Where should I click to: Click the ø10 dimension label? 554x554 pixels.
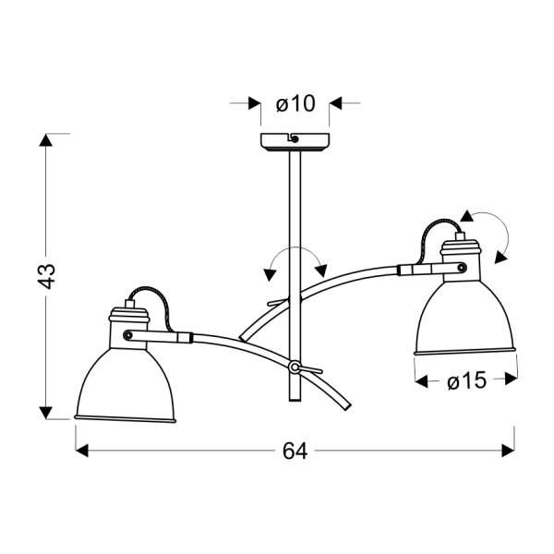pos(295,103)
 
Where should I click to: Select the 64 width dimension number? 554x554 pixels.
pos(294,451)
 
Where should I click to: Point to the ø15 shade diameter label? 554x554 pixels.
pos(466,380)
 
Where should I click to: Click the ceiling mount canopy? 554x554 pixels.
pos(295,143)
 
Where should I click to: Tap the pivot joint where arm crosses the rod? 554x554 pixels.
pos(295,367)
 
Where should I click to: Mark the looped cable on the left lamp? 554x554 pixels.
pos(148,297)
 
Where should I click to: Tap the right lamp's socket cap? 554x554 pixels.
pos(459,248)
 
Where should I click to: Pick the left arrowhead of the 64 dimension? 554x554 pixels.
pos(80,451)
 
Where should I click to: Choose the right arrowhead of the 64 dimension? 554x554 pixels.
pos(507,451)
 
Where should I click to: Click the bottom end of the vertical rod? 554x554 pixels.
pos(295,400)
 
